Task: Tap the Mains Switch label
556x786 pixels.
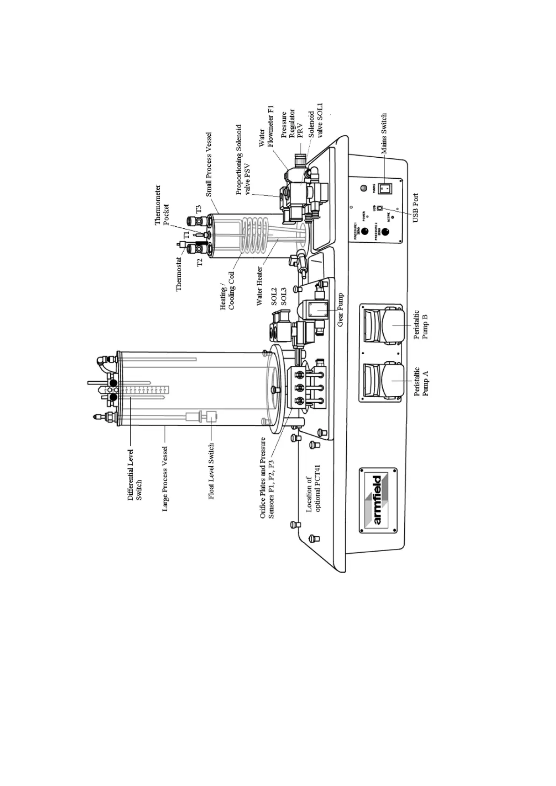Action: [x=384, y=133]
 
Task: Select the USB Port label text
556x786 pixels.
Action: [x=415, y=208]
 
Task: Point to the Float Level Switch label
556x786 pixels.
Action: [x=211, y=471]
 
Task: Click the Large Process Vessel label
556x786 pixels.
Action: [x=165, y=478]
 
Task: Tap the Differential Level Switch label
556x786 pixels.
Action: [x=135, y=475]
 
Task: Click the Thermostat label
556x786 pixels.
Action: [x=179, y=274]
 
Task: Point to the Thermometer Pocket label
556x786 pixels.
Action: [x=162, y=205]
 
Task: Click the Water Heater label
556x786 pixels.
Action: [x=260, y=286]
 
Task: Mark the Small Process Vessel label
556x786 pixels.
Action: [x=209, y=164]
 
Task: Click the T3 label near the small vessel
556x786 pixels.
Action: [x=198, y=210]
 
